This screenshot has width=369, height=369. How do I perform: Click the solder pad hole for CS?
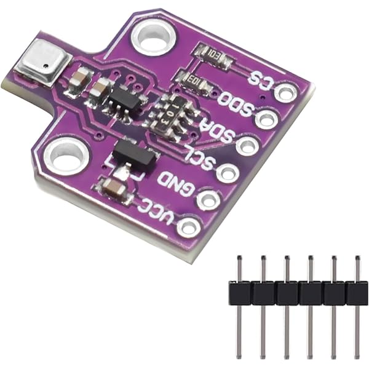click(x=285, y=93)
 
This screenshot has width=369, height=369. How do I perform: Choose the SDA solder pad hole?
click(x=247, y=146)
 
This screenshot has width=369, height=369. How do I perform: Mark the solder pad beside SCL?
click(x=228, y=173)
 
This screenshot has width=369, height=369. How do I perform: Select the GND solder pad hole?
click(x=208, y=199)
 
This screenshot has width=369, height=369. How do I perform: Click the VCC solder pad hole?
click(x=188, y=226)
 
